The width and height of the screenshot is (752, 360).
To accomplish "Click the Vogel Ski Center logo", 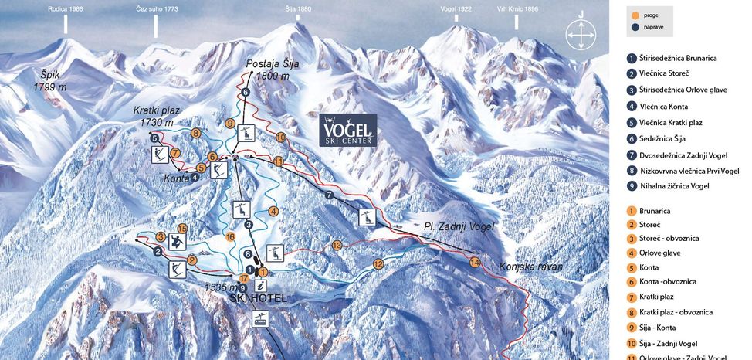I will (x=348, y=130).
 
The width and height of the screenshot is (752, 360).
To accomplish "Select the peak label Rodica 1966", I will (x=66, y=8).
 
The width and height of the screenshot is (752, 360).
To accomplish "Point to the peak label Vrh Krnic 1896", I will (x=517, y=8).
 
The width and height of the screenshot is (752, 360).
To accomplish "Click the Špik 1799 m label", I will (x=49, y=81).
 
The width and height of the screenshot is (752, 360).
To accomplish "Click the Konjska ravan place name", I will (x=530, y=267).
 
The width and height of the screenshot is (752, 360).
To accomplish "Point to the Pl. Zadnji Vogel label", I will (x=458, y=226).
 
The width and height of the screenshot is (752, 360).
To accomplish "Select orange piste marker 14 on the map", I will (x=475, y=263).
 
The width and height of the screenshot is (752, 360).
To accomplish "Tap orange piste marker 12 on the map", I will (x=378, y=264).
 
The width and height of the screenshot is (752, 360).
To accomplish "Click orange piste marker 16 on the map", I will (x=230, y=236).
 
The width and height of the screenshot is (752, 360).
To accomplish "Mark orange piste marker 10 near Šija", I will (x=281, y=137).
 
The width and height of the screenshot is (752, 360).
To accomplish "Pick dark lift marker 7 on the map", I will (x=330, y=195).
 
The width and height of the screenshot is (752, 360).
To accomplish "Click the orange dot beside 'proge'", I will (x=635, y=15).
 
